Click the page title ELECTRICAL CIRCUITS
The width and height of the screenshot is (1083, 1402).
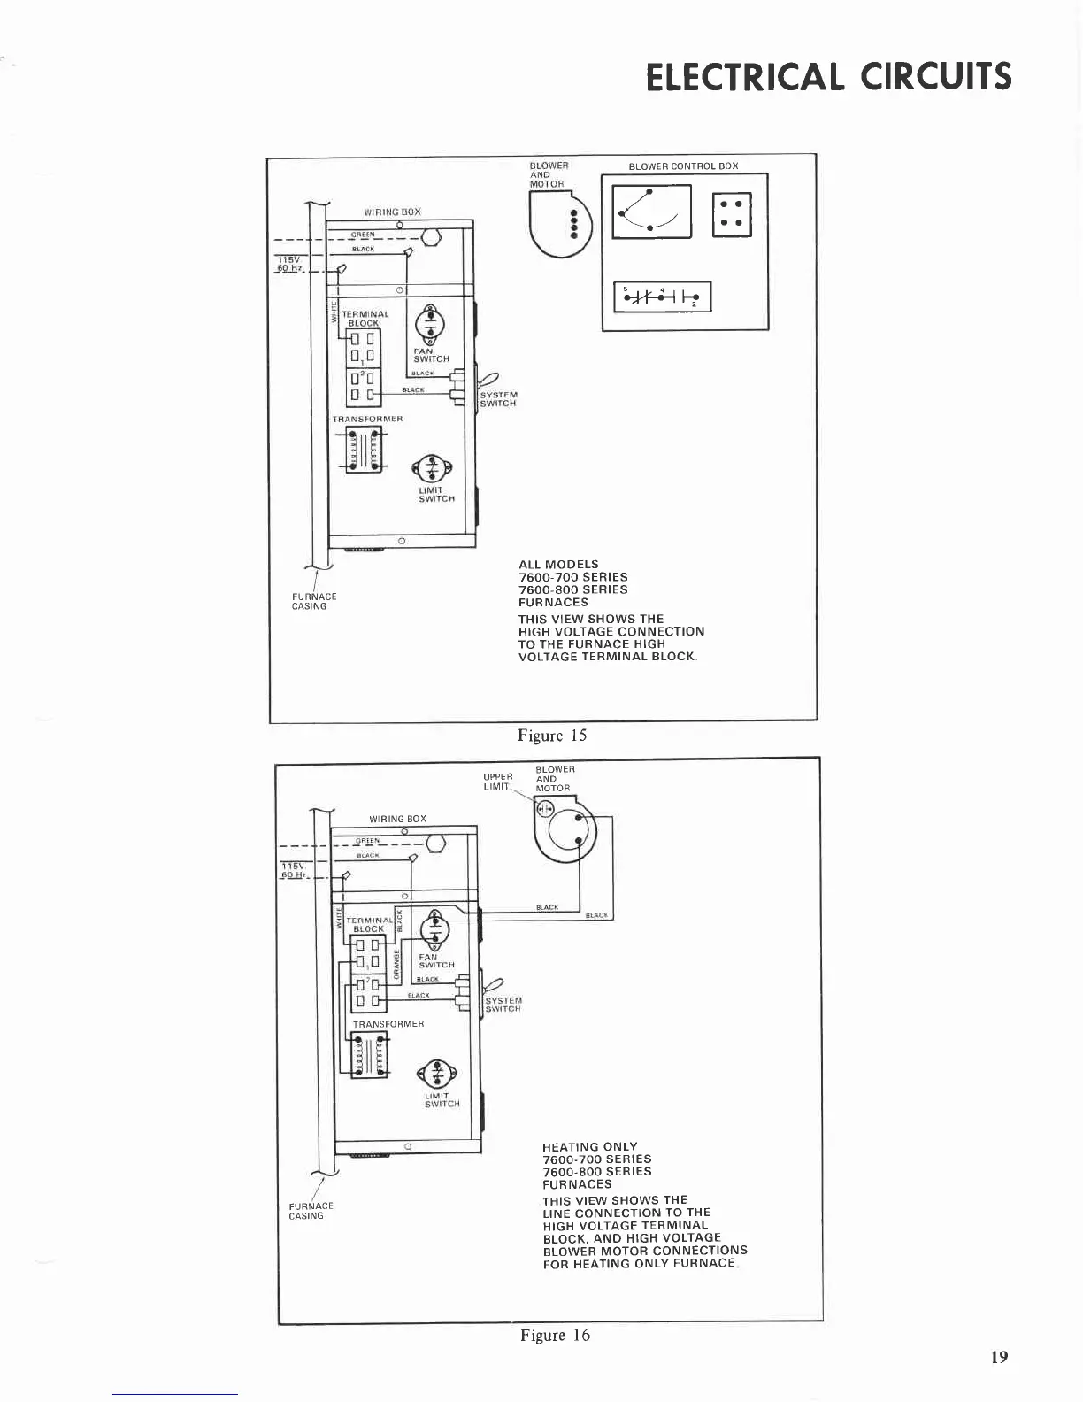(828, 77)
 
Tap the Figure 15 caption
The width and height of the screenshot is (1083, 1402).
(552, 736)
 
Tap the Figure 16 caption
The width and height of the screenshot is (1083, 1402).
(555, 1336)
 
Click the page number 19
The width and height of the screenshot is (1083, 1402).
(999, 1357)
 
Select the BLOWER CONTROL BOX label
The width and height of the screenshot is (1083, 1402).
(683, 166)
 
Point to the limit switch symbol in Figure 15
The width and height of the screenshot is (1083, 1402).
(431, 468)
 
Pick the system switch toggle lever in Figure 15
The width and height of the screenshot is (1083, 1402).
(488, 380)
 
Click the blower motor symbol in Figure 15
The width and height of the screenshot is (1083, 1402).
(552, 223)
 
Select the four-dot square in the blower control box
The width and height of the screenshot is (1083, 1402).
(732, 214)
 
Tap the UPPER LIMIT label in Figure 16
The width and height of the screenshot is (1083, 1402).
(498, 782)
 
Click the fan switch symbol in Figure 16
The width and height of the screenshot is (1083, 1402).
(435, 929)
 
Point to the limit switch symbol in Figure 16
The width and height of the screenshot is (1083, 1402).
(439, 1074)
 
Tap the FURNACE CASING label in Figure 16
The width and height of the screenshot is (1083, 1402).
(311, 1211)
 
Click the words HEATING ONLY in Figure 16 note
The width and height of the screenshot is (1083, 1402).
(589, 1146)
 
